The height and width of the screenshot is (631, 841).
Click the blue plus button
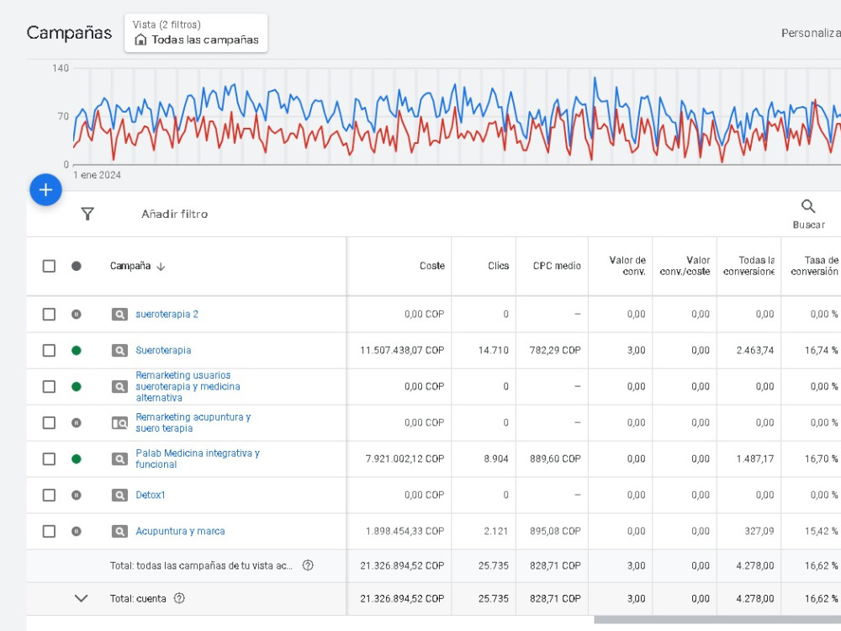pos(45,190)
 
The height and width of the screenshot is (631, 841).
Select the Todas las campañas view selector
pos(196,34)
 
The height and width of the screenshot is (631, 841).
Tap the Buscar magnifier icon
pos(808,207)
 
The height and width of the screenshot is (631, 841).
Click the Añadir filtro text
pos(174,214)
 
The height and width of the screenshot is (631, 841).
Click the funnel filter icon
pos(87,214)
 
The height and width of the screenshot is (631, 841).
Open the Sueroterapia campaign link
pos(163,350)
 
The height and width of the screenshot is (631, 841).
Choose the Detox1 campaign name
pos(151,495)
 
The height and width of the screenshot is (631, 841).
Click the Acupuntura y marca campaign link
pos(180,531)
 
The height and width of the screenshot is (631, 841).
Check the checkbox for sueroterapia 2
pos(49,314)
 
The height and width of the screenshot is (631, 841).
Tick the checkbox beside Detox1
pos(49,495)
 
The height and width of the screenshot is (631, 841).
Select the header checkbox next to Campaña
pos(49,266)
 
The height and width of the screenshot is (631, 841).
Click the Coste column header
pos(432,266)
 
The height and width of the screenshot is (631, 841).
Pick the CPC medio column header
pos(557,266)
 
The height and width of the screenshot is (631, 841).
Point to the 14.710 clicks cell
pos(494,350)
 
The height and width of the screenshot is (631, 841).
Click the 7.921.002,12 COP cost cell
pos(405,459)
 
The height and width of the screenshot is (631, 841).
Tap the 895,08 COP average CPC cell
pos(555,531)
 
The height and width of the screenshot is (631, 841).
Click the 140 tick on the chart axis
pos(61,68)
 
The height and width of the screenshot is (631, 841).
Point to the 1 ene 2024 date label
pos(97,175)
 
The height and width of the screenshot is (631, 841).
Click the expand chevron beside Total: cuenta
pos(81,598)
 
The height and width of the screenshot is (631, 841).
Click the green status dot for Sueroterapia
pos(77,350)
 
